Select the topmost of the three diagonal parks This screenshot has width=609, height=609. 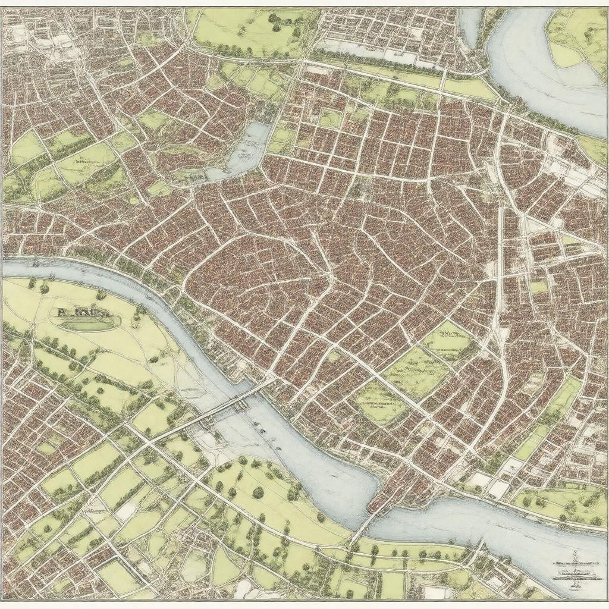click(448, 339)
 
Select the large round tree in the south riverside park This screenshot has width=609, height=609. click(258, 492)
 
